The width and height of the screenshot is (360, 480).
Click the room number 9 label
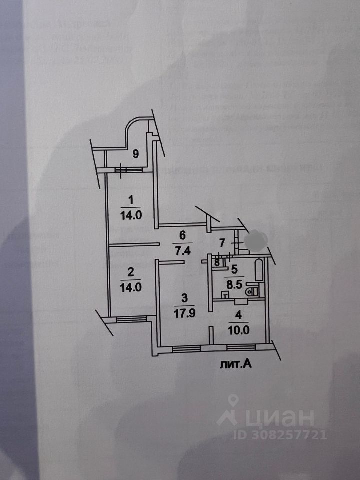tap(135, 154)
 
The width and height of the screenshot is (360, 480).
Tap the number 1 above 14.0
tap(131, 201)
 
